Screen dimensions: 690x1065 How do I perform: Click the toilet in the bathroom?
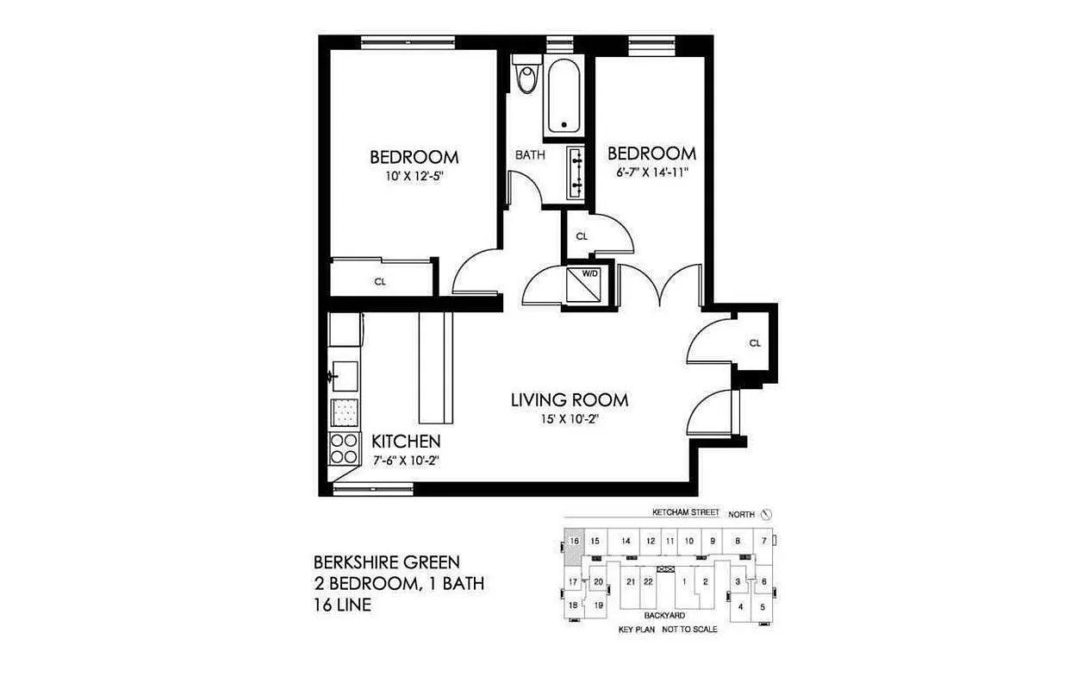point(524,76)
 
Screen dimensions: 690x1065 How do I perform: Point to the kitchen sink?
point(345,376)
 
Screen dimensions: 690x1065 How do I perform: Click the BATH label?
point(530,155)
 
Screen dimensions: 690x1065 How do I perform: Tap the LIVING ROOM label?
point(569,400)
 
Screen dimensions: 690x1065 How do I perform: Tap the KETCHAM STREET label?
point(685,512)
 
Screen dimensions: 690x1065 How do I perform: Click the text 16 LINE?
point(342,605)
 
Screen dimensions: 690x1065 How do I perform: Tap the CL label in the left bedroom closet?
point(380,281)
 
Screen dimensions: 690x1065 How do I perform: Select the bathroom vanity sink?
point(576,172)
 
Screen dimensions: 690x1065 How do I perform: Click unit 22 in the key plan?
point(648,581)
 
